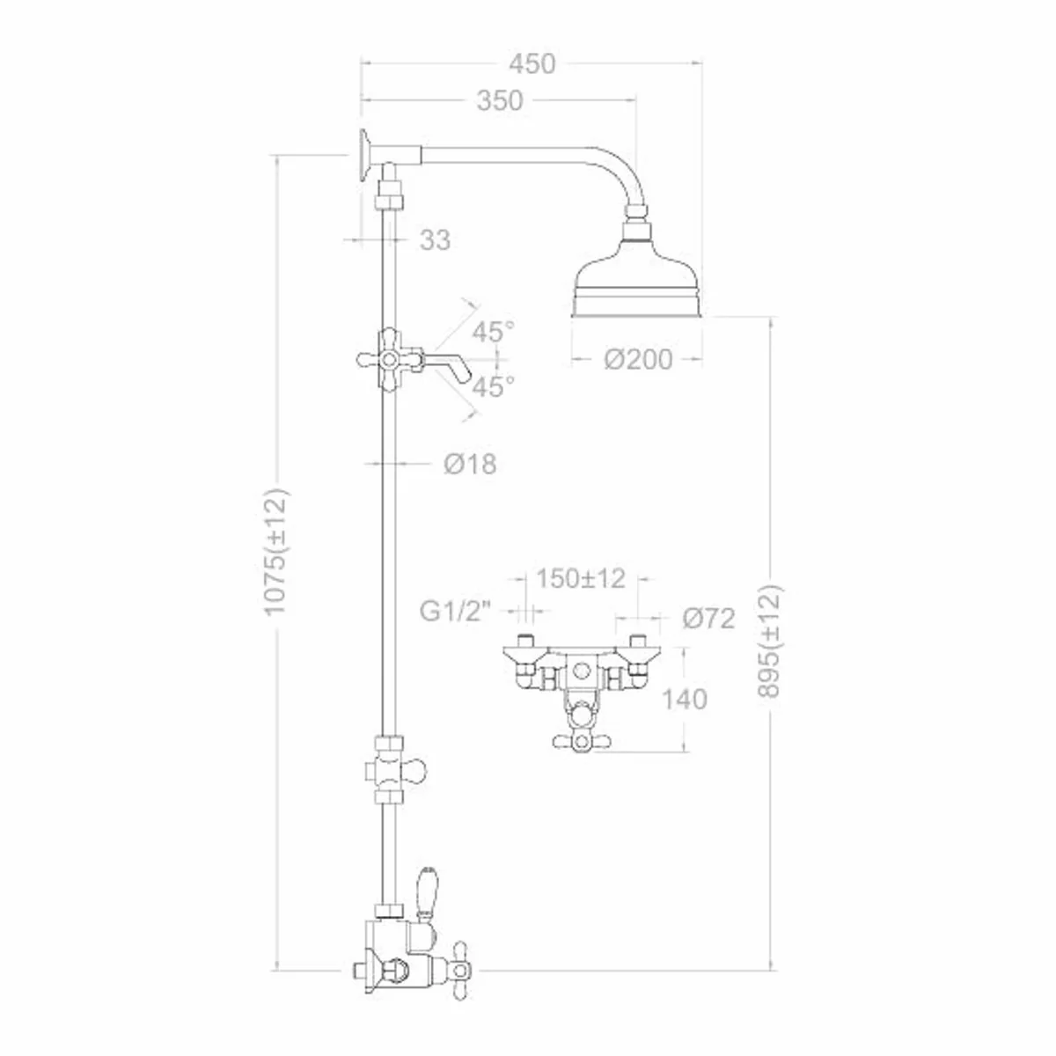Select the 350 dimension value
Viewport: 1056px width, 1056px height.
click(x=499, y=101)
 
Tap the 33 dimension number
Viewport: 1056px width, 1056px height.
click(x=435, y=239)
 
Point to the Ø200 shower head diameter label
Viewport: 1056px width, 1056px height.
click(x=638, y=359)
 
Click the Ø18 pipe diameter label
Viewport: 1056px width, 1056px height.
click(x=469, y=464)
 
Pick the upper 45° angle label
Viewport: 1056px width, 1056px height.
click(x=493, y=332)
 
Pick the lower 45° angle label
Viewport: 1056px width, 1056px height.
click(x=493, y=387)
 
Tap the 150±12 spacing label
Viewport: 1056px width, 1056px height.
click(x=581, y=578)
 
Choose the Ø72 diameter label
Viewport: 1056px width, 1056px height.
click(x=708, y=619)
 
